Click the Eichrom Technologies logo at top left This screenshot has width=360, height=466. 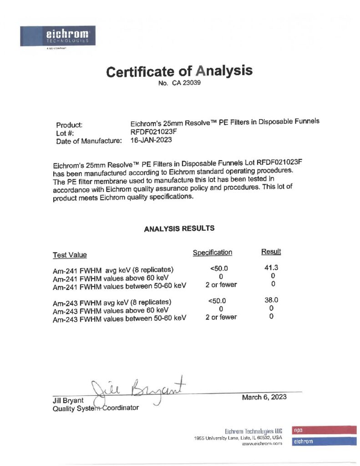(x=57, y=36)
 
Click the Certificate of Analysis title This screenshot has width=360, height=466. (x=179, y=71)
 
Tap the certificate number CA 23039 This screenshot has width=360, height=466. (x=180, y=83)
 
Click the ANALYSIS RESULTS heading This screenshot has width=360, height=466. (x=179, y=229)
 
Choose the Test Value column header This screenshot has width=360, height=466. (x=70, y=255)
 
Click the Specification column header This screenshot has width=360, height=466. (x=213, y=253)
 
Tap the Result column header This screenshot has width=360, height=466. (x=271, y=252)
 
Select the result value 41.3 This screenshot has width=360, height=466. (x=271, y=268)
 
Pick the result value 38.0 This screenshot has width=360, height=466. (x=271, y=300)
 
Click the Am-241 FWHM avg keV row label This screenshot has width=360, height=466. (x=113, y=269)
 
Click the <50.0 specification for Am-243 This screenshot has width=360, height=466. (x=217, y=301)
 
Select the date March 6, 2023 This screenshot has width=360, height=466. (x=264, y=397)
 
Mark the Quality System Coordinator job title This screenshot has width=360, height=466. (x=96, y=408)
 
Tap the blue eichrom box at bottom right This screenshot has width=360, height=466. (x=324, y=441)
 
